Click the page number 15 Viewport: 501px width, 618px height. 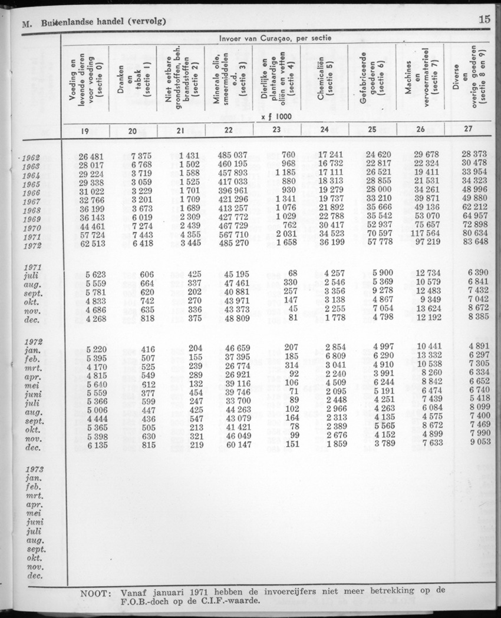coord(484,18)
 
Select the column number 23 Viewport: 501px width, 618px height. coord(276,131)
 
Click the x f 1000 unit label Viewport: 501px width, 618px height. coord(276,117)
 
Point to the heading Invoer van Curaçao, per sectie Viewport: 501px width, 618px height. coord(275,38)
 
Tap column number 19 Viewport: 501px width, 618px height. coord(84,131)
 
